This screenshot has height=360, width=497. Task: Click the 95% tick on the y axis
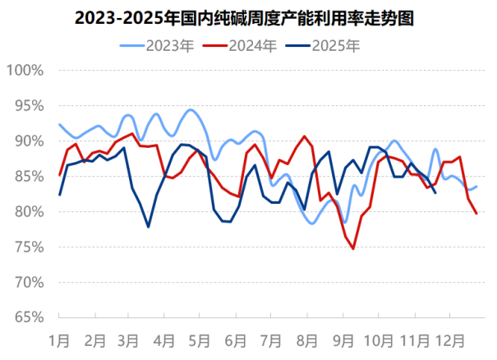click(x=27, y=105)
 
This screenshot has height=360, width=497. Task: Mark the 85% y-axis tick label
click(x=27, y=176)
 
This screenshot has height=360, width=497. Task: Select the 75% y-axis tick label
click(x=27, y=247)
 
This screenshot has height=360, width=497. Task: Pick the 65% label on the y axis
click(x=27, y=317)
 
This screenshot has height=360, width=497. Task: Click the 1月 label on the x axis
click(x=59, y=338)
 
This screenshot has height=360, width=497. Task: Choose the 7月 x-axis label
click(x=271, y=338)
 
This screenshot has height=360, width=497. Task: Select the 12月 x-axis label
click(x=451, y=338)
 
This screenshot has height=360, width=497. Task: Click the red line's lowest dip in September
click(x=353, y=248)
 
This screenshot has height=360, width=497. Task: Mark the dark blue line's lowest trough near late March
click(x=149, y=227)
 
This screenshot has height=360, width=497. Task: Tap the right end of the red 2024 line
click(x=477, y=214)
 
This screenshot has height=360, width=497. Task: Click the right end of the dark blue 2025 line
click(x=435, y=192)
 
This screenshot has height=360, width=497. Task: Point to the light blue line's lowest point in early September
click(x=345, y=222)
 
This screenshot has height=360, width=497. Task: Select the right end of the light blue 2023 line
click(x=477, y=187)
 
